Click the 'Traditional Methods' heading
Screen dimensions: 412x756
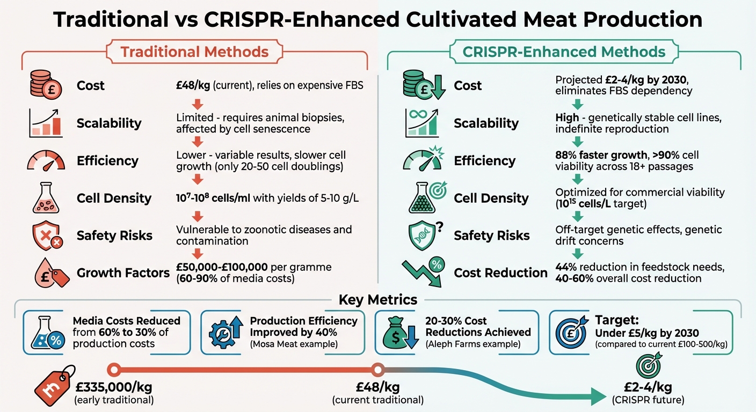point(194,52)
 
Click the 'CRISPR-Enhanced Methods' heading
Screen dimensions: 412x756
point(564,52)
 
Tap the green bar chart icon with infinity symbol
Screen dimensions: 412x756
point(422,123)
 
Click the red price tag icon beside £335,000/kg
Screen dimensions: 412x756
point(54,385)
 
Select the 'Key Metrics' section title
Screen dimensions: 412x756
point(378,300)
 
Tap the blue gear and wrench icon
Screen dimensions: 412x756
point(223,333)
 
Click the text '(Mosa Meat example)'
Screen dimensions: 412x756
point(294,344)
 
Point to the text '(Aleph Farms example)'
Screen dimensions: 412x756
point(473,344)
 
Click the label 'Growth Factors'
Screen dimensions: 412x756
point(123,273)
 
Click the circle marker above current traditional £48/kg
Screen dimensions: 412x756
point(377,370)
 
